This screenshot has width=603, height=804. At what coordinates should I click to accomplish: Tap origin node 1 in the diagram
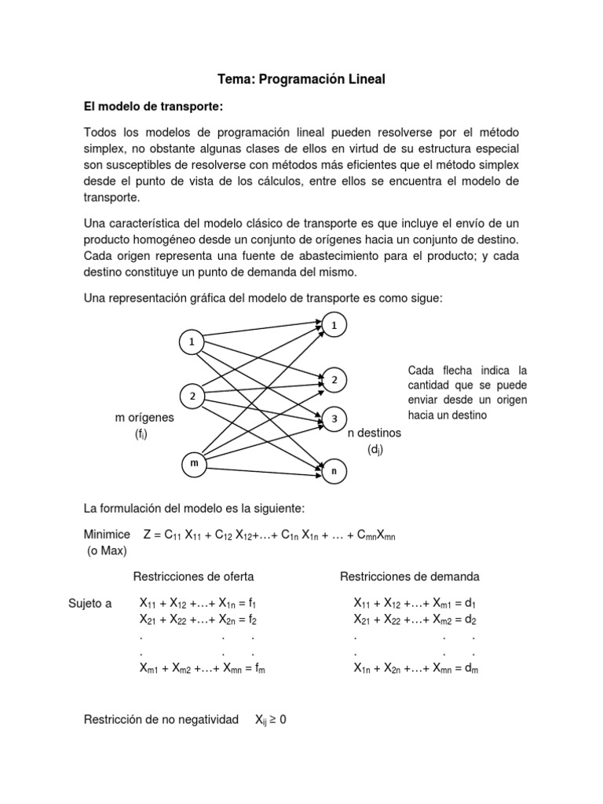click(191, 342)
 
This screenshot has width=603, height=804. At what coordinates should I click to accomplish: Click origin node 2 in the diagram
click(192, 395)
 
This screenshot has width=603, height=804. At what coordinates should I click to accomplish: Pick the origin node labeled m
click(192, 464)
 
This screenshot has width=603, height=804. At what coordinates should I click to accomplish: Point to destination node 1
click(334, 323)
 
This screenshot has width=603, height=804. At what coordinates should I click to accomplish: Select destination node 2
click(334, 380)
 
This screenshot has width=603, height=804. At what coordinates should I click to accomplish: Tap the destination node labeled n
click(334, 470)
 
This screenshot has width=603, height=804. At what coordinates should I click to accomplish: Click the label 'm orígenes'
click(144, 418)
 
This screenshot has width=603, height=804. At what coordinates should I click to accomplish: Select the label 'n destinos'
click(374, 433)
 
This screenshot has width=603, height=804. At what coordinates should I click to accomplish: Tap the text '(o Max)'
click(107, 550)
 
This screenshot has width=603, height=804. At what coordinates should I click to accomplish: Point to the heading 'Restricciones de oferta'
click(193, 576)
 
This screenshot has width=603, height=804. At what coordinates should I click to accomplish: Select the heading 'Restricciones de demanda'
click(409, 576)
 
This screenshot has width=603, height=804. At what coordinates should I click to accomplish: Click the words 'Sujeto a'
click(91, 604)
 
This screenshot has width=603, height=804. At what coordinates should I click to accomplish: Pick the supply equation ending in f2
click(198, 619)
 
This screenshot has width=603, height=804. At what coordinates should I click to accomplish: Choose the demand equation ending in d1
click(415, 604)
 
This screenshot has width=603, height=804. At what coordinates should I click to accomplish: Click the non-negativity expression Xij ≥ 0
click(270, 718)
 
